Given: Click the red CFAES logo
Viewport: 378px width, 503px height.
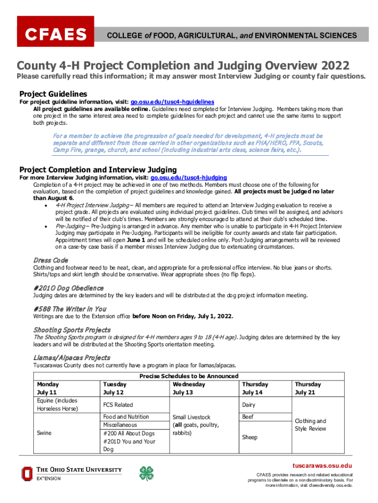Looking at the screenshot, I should [x=55, y=34].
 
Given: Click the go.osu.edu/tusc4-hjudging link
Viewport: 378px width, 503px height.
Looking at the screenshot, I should [x=189, y=177].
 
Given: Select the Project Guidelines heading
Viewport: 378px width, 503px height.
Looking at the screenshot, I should [x=53, y=94].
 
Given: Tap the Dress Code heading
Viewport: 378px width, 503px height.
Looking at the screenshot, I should [x=50, y=260].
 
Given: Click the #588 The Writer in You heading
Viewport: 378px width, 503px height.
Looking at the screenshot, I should [x=70, y=308].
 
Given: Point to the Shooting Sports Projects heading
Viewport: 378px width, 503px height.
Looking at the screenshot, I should [x=72, y=330].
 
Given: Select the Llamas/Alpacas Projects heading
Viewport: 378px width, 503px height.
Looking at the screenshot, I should [x=72, y=358].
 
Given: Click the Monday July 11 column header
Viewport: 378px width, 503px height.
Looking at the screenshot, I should [x=48, y=388].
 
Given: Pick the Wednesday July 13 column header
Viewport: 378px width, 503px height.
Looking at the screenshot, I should [x=189, y=388].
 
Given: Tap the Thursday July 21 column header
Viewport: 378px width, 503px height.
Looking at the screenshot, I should [x=307, y=388].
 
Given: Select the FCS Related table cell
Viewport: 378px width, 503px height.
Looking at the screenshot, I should [x=118, y=405].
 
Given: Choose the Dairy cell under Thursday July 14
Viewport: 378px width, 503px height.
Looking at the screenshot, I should [x=249, y=405].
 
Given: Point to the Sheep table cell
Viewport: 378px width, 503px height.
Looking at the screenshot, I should [x=250, y=437].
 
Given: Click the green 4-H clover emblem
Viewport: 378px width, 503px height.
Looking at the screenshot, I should [x=146, y=473].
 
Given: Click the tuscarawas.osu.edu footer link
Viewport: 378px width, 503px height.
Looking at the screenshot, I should [x=323, y=465].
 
